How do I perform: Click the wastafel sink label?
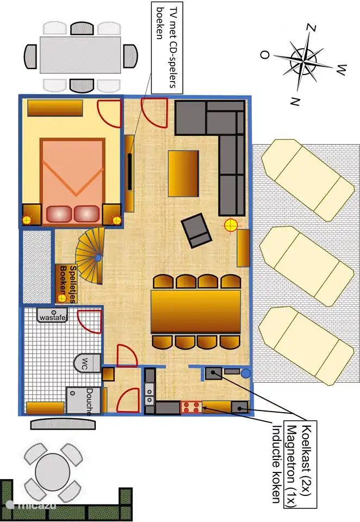pyautogui.click(x=53, y=318)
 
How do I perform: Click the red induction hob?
pyautogui.click(x=191, y=407)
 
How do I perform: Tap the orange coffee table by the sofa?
pyautogui.click(x=183, y=173)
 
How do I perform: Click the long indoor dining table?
pyautogui.click(x=196, y=312)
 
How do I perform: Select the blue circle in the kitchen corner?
pyautogui.click(x=246, y=374)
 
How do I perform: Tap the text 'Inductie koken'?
pyautogui.click(x=277, y=464)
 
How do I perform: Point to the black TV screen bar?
pyautogui.click(x=130, y=171)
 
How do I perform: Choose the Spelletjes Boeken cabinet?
pyautogui.click(x=66, y=284)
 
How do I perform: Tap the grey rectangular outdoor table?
pyautogui.click(x=80, y=55)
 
